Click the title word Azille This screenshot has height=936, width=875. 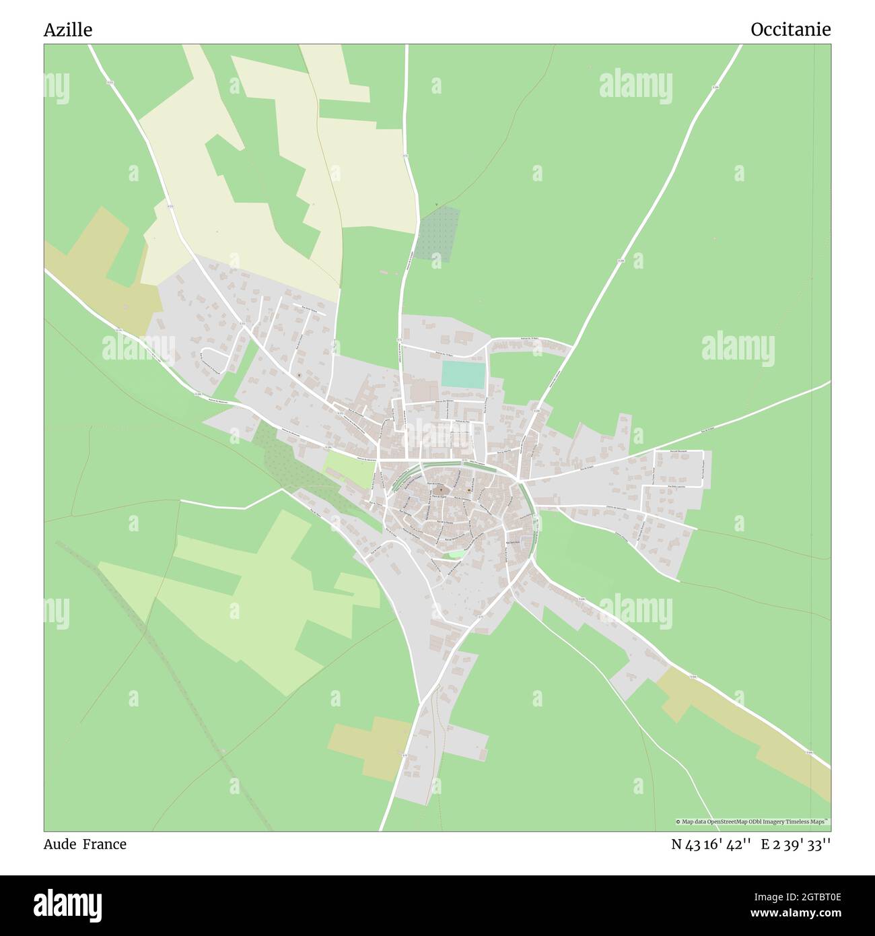point(68,30)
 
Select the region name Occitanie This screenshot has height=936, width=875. point(790,30)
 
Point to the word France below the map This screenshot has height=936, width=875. point(104,844)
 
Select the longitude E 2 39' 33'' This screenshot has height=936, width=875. point(796,844)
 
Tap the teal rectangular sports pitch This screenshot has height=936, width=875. point(463,374)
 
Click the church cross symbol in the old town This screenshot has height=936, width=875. point(441,490)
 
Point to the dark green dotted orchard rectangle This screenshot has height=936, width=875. point(438,233)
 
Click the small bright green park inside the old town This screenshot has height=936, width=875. point(456,554)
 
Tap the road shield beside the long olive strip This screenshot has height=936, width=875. point(810,753)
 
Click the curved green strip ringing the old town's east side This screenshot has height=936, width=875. point(535,519)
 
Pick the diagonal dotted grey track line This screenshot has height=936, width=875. point(168,673)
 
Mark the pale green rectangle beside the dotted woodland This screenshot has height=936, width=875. point(350,469)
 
